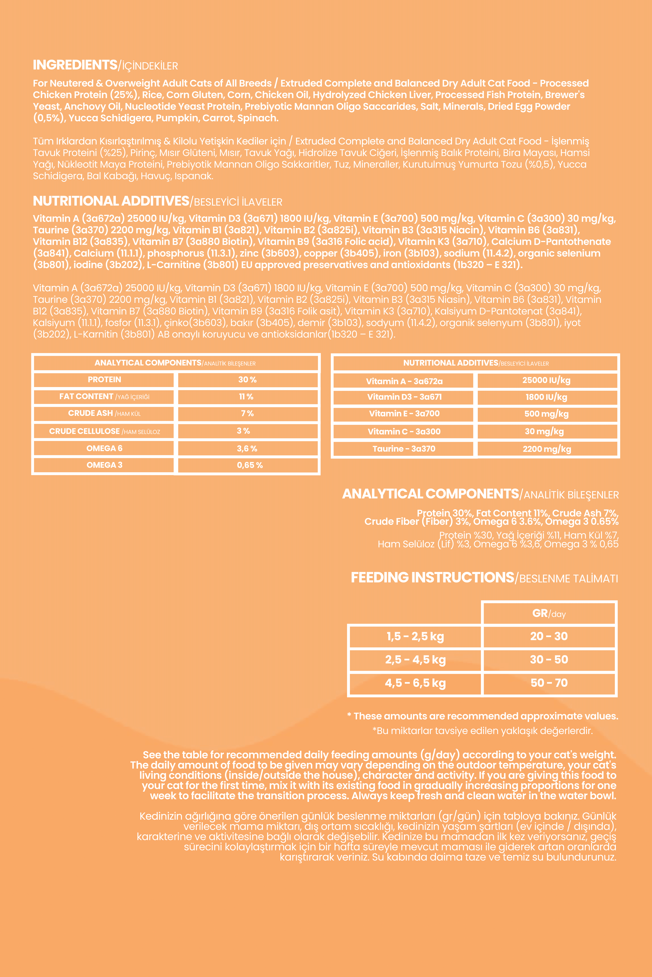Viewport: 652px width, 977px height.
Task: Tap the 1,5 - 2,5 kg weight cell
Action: [x=415, y=636]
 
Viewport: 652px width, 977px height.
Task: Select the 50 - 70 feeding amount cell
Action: [x=549, y=683]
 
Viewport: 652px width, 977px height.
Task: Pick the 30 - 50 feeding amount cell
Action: [x=549, y=660]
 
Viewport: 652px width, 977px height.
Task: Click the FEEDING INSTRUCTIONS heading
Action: [x=432, y=578]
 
